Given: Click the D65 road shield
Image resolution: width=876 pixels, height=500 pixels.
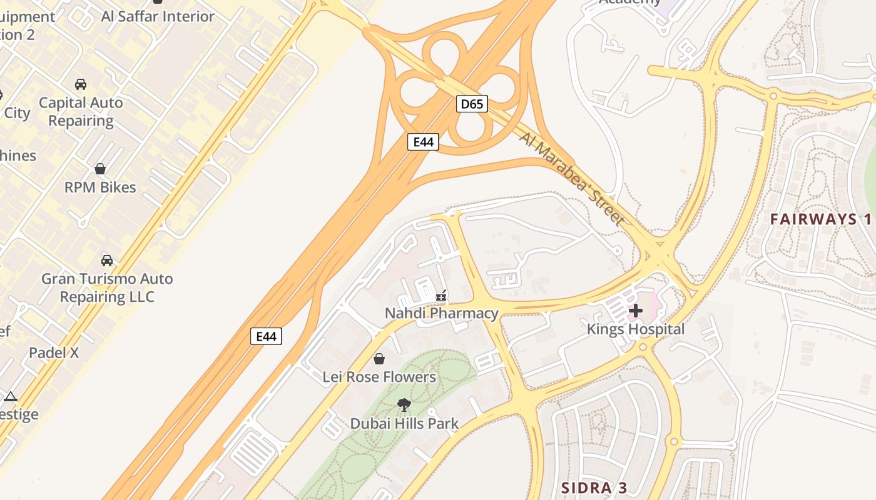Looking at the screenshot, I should click(x=472, y=104).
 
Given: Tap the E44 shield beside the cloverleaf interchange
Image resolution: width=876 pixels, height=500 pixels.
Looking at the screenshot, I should click(x=424, y=142).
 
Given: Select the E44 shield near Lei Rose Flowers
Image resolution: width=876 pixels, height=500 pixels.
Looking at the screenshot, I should click(x=267, y=336).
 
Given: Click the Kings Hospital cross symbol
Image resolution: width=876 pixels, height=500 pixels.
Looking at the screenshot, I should click(x=636, y=311).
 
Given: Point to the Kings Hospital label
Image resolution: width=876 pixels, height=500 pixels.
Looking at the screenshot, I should click(x=636, y=329).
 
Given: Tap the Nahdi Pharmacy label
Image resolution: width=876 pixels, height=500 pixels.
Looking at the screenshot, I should click(x=442, y=313).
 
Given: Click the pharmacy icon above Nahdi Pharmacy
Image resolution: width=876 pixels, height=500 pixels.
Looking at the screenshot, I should click(x=442, y=295).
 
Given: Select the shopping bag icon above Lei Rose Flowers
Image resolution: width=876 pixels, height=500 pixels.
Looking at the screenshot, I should click(x=379, y=359).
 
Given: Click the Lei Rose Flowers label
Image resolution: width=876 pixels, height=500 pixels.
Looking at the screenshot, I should click(x=379, y=377).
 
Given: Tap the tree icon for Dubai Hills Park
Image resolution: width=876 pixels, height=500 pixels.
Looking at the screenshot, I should click(x=404, y=405).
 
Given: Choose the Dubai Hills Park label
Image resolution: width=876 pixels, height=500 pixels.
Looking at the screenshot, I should click(x=404, y=423).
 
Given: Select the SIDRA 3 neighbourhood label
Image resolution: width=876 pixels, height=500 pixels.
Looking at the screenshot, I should click(x=594, y=487).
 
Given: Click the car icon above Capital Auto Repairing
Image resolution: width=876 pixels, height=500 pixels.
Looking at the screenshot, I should click(x=81, y=84).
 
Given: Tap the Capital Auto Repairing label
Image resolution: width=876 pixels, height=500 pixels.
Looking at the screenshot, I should click(x=81, y=111).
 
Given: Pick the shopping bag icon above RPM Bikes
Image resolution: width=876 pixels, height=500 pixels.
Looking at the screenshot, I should click(x=100, y=169).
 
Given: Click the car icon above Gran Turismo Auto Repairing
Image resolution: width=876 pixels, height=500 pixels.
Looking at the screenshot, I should click(x=107, y=260).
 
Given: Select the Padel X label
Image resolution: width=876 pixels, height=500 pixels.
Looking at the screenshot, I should click(x=54, y=352).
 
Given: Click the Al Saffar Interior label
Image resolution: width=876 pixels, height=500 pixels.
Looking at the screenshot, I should click(x=158, y=16).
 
